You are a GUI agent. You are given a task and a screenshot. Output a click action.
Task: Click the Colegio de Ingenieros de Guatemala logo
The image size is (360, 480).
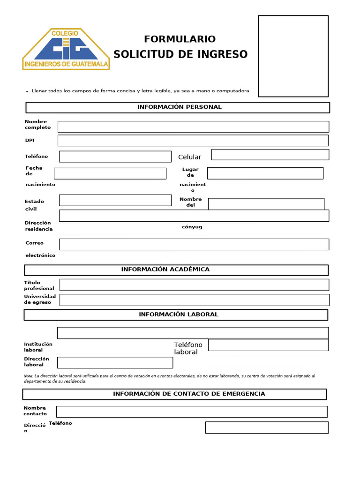pyautogui.click(x=66, y=49)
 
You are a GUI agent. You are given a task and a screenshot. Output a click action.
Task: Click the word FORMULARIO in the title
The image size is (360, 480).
pyautogui.click(x=180, y=39)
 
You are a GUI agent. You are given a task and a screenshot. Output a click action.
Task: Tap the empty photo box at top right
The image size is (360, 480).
pyautogui.click(x=293, y=56)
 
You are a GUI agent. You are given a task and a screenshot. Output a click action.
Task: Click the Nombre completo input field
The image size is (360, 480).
pyautogui.click(x=193, y=127)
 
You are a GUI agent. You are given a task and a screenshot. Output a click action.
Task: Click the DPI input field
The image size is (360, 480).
pyautogui.click(x=193, y=140)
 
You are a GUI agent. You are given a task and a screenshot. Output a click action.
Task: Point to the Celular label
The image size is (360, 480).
pyautogui.click(x=189, y=157)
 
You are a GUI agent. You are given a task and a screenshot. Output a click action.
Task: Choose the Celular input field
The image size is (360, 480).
pyautogui.click(x=270, y=155)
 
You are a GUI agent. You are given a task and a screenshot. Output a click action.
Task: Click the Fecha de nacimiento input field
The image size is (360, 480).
pyautogui.click(x=110, y=173)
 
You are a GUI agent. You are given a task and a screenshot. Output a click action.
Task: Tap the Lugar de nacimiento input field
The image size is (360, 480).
pyautogui.click(x=265, y=173)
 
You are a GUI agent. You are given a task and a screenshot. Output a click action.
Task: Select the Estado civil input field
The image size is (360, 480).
pyautogui.click(x=115, y=200)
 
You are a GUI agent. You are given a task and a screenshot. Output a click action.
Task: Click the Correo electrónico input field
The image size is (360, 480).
pyautogui.click(x=194, y=244)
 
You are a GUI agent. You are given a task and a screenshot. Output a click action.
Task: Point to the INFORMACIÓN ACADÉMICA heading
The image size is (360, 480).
pyautogui.click(x=165, y=270)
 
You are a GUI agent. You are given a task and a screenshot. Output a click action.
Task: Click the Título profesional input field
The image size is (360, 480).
pyautogui.click(x=194, y=285)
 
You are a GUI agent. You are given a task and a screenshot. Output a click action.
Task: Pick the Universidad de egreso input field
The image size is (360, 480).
pyautogui.click(x=194, y=300)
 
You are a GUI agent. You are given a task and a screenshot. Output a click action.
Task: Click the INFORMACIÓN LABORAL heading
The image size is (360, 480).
pyautogui.click(x=178, y=315)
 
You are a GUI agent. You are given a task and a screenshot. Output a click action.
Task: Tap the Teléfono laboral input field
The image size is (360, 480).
pyautogui.click(x=268, y=345)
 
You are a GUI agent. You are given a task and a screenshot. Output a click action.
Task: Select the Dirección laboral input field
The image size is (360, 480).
pyautogui.click(x=115, y=362)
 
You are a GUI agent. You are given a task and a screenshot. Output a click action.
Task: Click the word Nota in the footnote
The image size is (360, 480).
pyautogui.click(x=28, y=376)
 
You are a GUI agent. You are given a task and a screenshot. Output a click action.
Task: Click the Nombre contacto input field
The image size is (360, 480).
pyautogui.click(x=192, y=412)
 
